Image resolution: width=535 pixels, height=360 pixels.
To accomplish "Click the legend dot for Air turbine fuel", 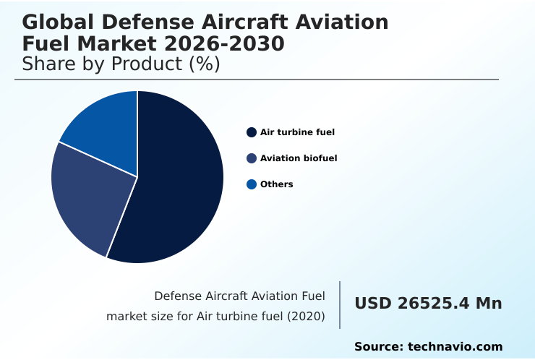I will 252,132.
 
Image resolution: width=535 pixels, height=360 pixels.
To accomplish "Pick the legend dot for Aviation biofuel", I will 252,158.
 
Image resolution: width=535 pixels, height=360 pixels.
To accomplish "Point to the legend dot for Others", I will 252,184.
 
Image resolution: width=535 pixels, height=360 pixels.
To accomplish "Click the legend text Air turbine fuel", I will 297,132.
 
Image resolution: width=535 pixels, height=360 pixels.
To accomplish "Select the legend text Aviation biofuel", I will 299,158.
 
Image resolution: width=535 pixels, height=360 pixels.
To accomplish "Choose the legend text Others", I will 277,184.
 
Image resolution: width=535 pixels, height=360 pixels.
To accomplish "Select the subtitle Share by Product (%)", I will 121,64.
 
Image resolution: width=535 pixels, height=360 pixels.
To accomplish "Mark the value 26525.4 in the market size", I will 433,304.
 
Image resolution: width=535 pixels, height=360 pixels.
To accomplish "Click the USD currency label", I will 371,304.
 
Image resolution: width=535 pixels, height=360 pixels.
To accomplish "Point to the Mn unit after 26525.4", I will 488,304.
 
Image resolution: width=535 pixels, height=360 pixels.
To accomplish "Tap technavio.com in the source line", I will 455,347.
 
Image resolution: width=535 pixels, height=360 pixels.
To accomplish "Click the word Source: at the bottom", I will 378,347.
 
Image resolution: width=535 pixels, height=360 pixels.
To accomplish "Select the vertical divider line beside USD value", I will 340,305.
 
